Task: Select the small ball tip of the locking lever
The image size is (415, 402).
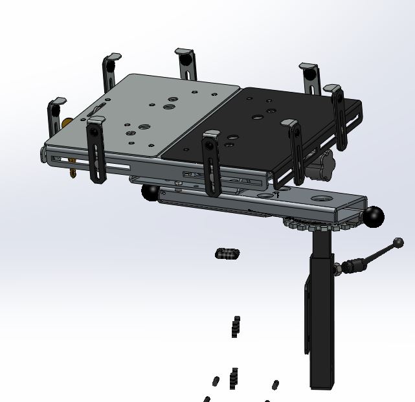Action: click(398, 243)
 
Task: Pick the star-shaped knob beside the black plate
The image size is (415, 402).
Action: click(322, 165)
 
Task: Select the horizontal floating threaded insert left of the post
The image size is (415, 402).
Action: click(227, 254)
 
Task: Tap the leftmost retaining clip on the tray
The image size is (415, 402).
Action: click(55, 117)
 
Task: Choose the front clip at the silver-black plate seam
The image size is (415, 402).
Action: click(210, 162)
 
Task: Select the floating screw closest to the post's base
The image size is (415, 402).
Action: click(276, 385)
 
